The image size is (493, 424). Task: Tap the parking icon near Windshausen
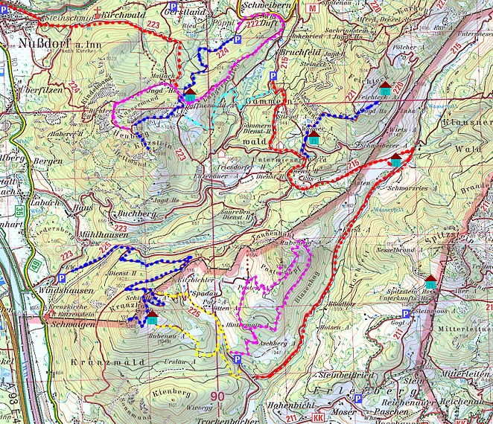[x=61, y=278]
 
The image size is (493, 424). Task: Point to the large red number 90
[x=217, y=396]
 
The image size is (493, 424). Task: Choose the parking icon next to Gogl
[x=405, y=314]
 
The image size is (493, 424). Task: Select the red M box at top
[x=312, y=7]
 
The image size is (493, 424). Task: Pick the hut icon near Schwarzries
[x=395, y=161]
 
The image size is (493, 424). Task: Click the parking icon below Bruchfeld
[x=273, y=76]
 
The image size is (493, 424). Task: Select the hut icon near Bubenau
[x=152, y=319]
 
